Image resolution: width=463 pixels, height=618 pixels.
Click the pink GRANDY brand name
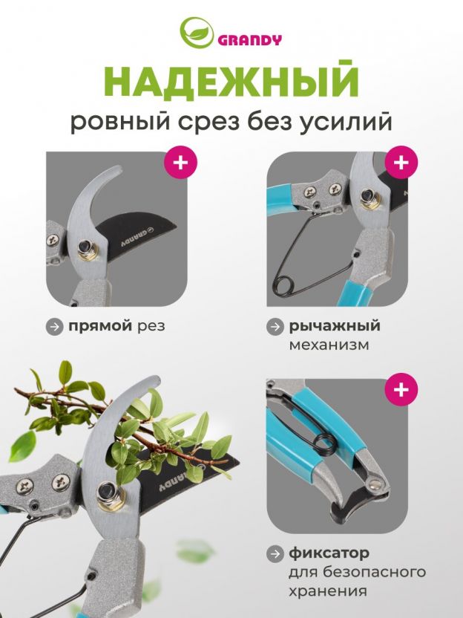[x=249, y=40]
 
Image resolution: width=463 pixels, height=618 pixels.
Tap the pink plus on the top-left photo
[x=180, y=162]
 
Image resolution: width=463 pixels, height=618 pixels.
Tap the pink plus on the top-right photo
[x=401, y=162]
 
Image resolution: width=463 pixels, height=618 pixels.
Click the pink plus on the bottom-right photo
[x=401, y=389]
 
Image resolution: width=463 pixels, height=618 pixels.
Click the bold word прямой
[x=100, y=326]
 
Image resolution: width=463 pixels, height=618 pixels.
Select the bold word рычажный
[x=335, y=326]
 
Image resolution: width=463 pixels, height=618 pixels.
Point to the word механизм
[x=329, y=345]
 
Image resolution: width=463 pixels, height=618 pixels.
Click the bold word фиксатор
[x=329, y=553]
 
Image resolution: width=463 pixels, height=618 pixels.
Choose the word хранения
[x=328, y=591]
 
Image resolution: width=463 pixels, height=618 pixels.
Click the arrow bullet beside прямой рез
[x=54, y=327]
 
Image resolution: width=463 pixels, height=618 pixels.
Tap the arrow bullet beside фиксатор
[x=275, y=553]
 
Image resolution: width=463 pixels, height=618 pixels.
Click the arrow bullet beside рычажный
[x=275, y=327]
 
